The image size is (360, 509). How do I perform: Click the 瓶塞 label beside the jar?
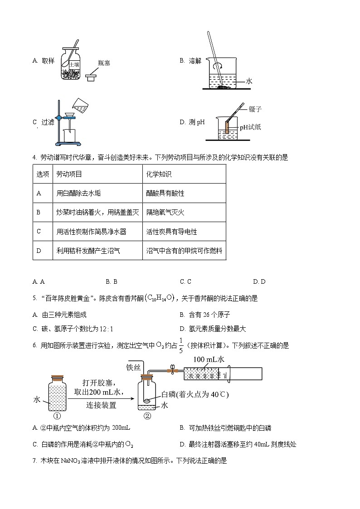point(104,63)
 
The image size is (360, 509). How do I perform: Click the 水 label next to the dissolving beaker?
point(249,81)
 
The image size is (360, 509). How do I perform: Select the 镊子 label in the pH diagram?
point(255,109)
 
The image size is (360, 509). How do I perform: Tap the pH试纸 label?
point(250,127)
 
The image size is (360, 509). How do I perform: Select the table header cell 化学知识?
point(159,174)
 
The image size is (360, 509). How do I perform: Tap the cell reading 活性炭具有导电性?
point(171,232)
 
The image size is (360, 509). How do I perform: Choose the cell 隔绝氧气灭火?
point(165,212)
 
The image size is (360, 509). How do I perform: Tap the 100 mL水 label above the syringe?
point(209,359)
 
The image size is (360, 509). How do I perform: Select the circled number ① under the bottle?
point(57,416)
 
